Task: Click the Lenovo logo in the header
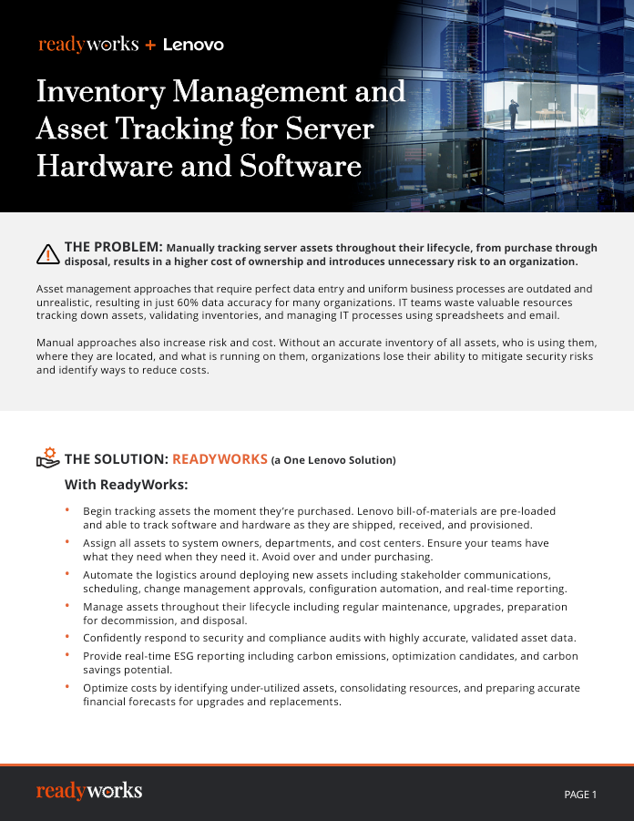[x=193, y=45]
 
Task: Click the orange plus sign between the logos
[x=150, y=45]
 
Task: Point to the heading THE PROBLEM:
[x=113, y=247]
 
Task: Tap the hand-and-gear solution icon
[x=47, y=458]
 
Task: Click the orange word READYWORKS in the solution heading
[x=220, y=459]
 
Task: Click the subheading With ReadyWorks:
[x=126, y=484]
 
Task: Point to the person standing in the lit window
[x=514, y=114]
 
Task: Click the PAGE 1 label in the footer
[x=580, y=795]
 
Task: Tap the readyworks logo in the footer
[x=89, y=791]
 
